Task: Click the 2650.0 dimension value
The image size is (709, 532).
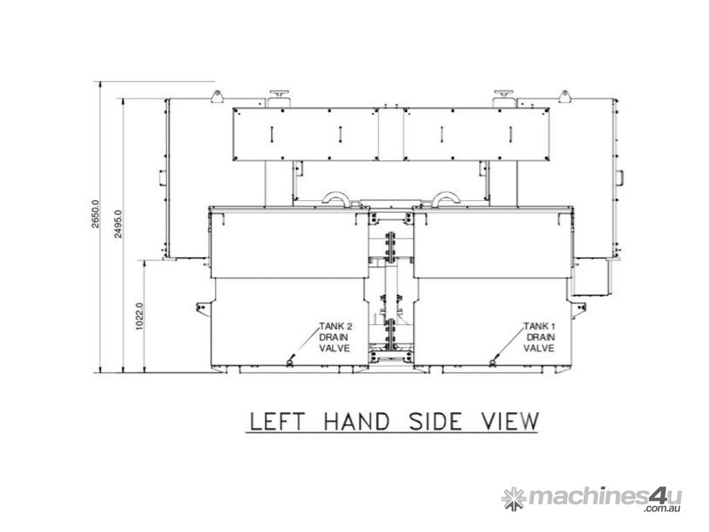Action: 96,213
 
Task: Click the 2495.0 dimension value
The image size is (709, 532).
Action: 118,224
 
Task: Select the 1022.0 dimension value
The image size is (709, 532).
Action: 139,316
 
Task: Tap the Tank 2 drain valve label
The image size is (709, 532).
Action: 335,337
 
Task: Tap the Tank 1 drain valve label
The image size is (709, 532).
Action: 539,337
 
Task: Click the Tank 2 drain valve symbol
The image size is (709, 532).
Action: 290,362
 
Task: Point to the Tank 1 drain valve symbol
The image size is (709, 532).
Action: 493,362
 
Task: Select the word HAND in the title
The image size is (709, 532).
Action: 357,421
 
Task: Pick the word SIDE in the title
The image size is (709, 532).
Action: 435,421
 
